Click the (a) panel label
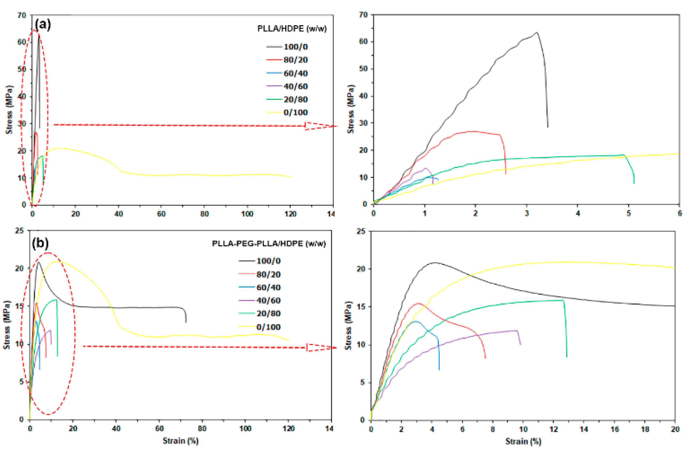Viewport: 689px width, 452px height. (43, 25)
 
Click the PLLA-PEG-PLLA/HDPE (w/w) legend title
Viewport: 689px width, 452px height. (269, 243)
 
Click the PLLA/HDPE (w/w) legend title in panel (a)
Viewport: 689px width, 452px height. (292, 29)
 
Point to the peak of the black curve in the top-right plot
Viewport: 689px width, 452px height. (536, 32)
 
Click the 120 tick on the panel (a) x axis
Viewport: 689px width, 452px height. (290, 214)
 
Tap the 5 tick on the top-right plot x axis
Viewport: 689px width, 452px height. (629, 214)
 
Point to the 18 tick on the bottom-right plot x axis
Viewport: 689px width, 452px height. (645, 429)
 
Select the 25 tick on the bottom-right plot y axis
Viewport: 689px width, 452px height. (362, 231)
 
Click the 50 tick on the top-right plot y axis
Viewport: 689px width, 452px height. (363, 69)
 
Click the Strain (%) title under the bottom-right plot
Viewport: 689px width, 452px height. (523, 442)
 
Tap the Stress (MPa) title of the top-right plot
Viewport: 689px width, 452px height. (350, 109)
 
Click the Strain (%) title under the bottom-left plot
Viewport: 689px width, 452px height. (180, 441)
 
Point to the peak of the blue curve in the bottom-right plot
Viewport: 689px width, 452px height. (416, 321)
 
